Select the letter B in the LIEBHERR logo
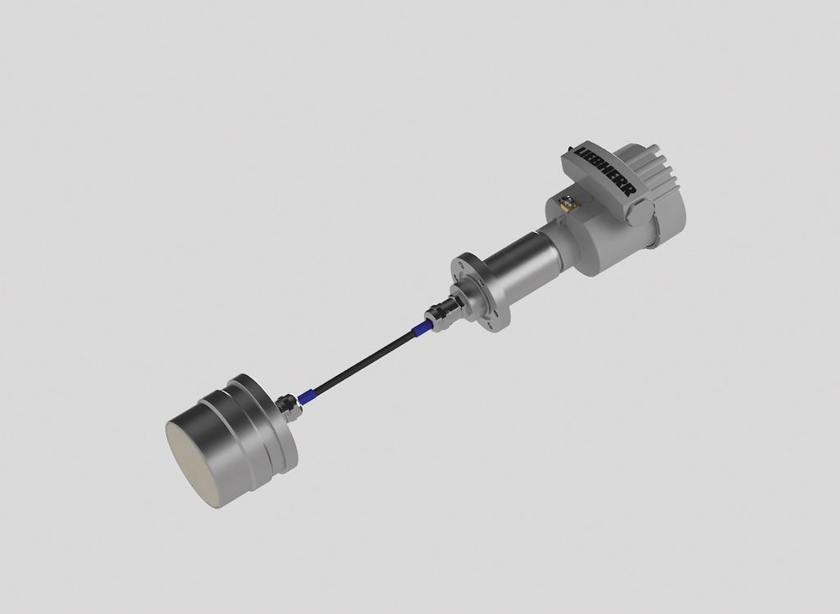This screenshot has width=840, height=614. [600, 167]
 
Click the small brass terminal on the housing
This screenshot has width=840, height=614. [566, 199]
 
